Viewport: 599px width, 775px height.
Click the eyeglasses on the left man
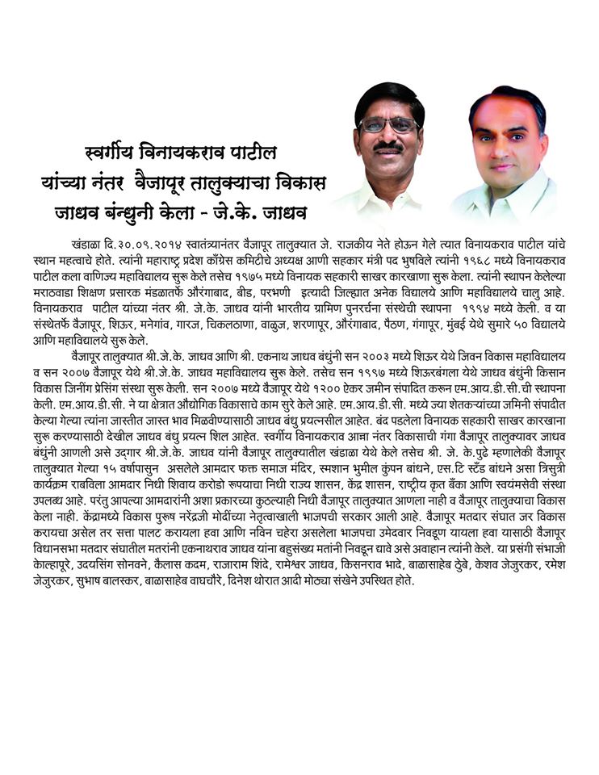[389, 125]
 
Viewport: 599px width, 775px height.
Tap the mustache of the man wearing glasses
[389, 146]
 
